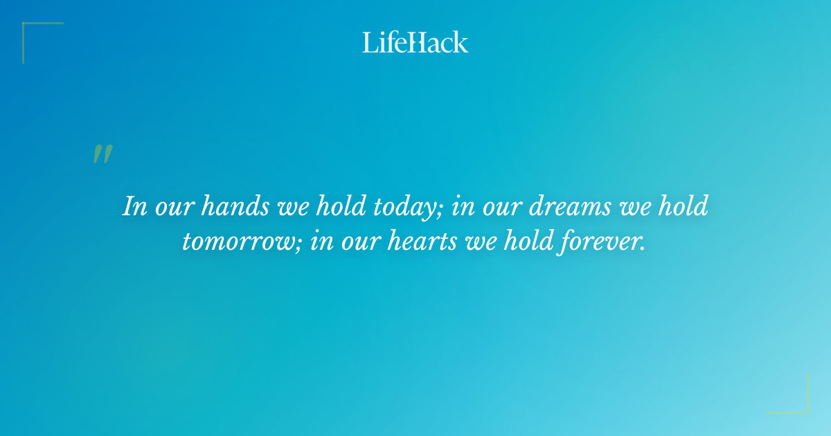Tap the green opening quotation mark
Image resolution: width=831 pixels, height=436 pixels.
102,154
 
